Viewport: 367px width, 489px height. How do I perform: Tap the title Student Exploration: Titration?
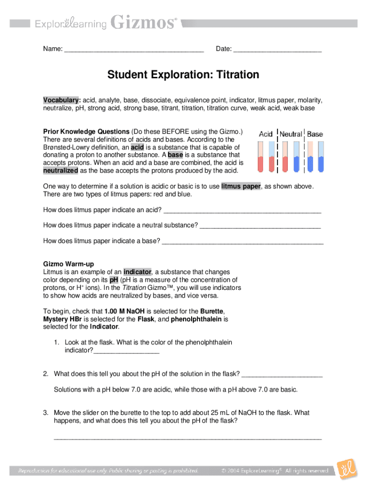tap(183, 75)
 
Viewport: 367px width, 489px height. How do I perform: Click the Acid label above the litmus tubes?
tap(265, 134)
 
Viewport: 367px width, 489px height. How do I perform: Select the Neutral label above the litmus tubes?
tap(290, 134)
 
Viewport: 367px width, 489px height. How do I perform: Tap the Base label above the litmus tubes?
tap(315, 134)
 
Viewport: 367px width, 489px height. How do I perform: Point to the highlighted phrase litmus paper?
tap(241, 186)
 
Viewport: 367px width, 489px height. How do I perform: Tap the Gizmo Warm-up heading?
tap(69, 264)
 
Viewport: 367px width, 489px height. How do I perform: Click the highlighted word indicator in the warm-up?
tap(138, 272)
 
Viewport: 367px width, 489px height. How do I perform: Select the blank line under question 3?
tap(188, 437)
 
